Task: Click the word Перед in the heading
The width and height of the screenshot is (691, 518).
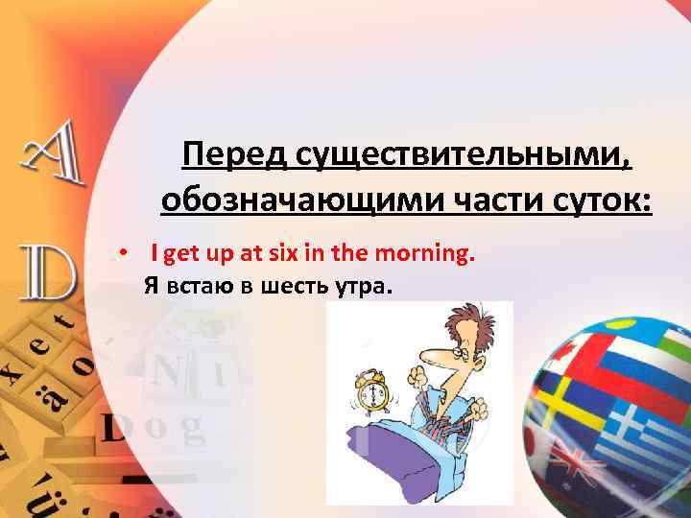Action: click(235, 153)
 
